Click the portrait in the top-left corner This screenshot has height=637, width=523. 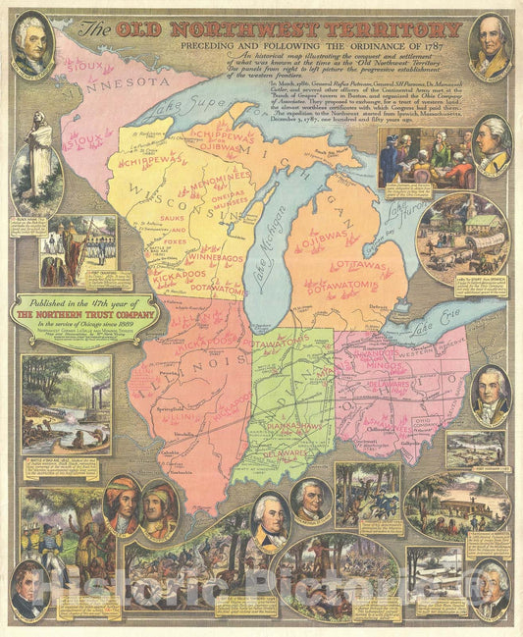32,44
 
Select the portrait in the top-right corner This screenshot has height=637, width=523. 490,44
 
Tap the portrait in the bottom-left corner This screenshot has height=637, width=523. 30,589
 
